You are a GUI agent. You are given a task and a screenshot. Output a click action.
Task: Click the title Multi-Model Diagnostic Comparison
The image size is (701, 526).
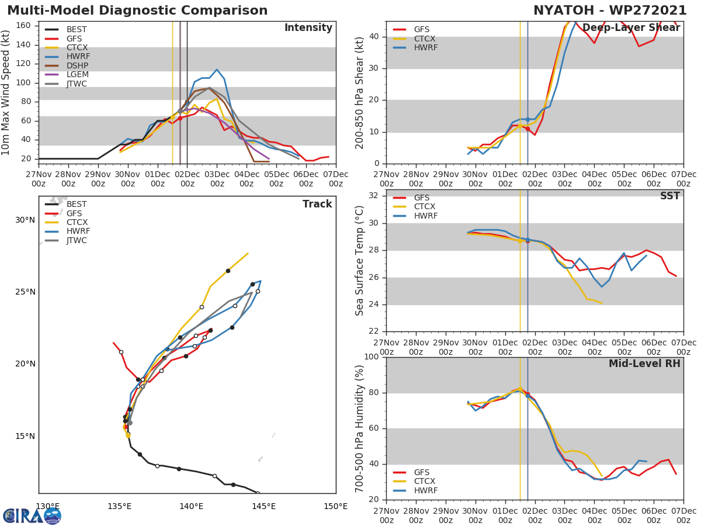137,11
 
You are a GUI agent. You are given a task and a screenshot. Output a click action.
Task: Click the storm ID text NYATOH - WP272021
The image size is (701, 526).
610,11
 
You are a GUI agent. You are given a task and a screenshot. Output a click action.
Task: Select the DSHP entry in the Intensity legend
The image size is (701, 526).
77,66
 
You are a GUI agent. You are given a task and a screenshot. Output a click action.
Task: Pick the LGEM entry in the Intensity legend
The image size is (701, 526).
77,75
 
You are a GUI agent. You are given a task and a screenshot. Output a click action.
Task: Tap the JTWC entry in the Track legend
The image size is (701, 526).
77,240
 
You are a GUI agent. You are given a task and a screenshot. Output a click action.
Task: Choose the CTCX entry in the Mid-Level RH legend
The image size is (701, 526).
425,482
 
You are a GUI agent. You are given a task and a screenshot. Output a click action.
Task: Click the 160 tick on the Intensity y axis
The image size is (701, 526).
24,25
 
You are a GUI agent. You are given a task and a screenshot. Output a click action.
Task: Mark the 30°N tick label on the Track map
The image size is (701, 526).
25,220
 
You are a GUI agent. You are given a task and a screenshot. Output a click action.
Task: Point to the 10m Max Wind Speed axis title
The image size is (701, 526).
6,92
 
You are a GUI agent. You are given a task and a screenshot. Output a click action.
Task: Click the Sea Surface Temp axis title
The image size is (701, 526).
360,261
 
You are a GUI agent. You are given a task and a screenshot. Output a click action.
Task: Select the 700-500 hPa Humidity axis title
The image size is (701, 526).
360,428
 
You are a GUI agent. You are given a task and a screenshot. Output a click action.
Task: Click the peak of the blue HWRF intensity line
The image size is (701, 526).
217,70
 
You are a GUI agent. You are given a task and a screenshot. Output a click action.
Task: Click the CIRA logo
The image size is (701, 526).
32,515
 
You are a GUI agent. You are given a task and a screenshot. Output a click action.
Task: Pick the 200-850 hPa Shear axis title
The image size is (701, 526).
360,92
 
